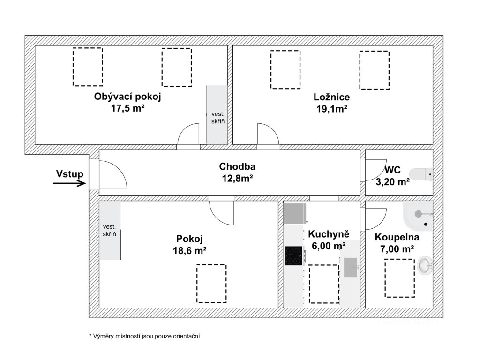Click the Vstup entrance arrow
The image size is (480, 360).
69,183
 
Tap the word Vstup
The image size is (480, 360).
70,174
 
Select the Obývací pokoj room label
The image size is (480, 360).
127,97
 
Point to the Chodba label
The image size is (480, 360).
237,166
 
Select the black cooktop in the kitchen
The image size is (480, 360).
293,256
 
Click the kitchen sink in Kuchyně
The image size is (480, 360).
351,267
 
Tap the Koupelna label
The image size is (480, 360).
397,237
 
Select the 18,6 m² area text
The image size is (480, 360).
190,250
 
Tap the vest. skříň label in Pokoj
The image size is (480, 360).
110,230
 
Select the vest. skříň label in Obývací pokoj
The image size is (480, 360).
218,118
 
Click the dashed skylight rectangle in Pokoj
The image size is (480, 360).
211,284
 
